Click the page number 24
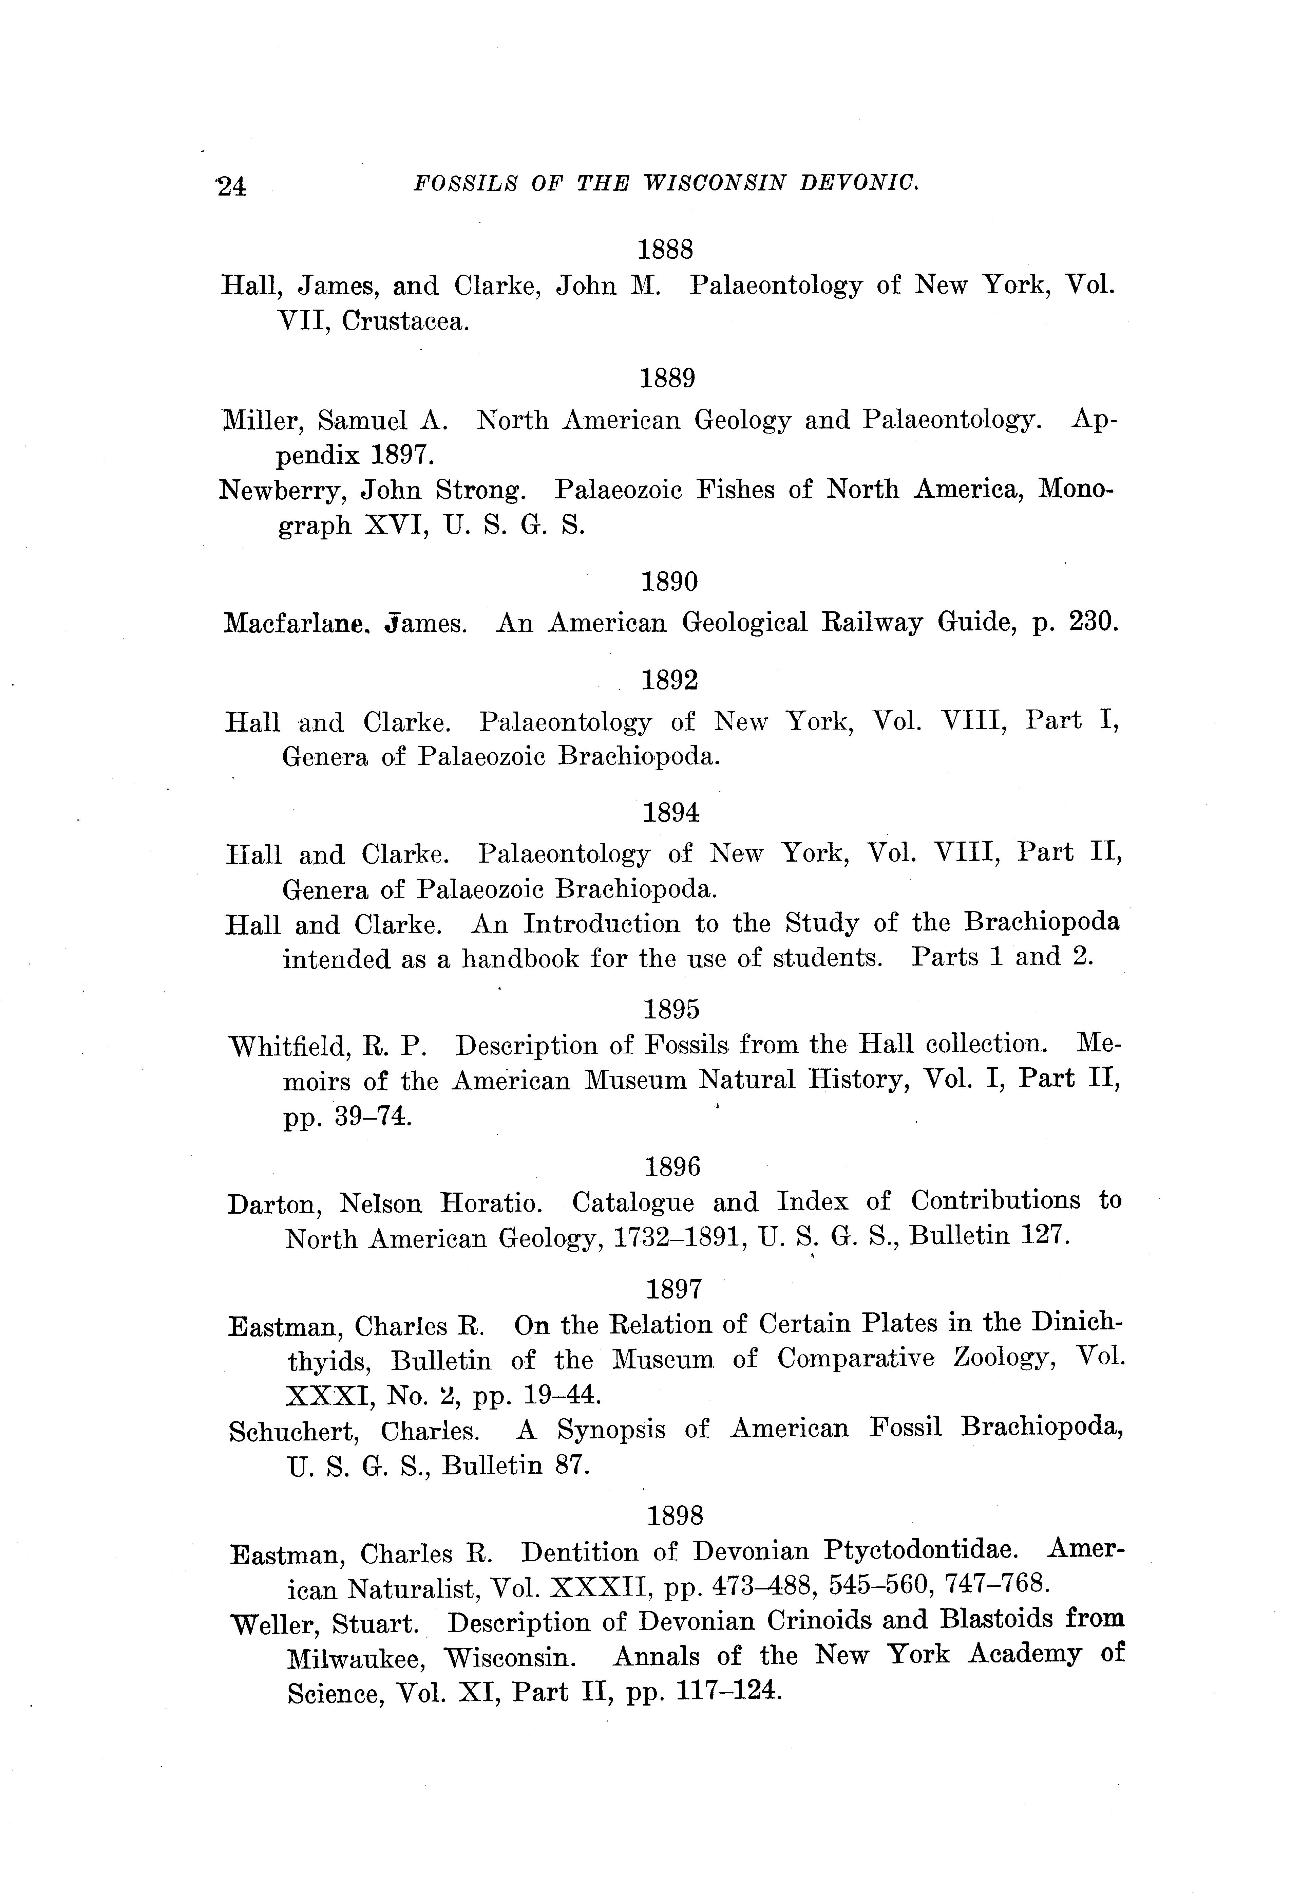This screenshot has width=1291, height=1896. pyautogui.click(x=232, y=187)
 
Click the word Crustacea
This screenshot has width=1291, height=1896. pyautogui.click(x=405, y=321)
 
